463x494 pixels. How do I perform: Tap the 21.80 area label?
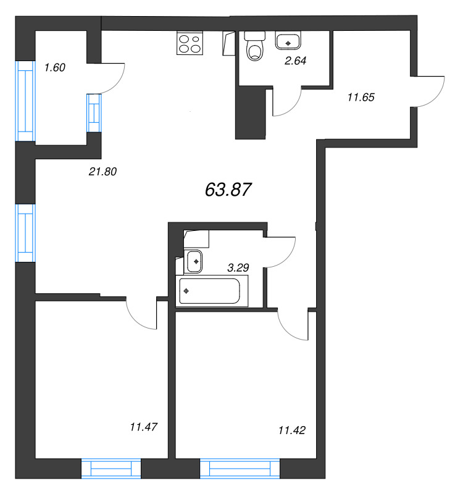pos(102,172)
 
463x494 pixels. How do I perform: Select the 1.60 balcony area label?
pos(55,67)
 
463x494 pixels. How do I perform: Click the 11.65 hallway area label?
pos(362,96)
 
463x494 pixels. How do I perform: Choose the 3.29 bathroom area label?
pos(239,268)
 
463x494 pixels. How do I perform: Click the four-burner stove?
pos(189,43)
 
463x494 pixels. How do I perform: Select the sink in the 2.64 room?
pos(287,42)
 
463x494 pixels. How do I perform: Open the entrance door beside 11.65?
pos(428,91)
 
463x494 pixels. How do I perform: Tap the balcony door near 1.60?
pos(112,77)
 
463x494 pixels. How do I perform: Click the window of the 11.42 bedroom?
pos(241,469)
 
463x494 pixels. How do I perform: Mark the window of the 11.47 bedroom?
pos(112,469)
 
